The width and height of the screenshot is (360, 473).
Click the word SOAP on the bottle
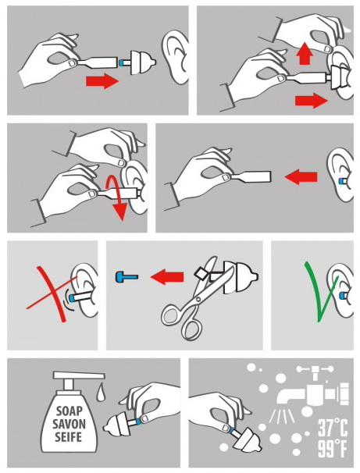coord(70,411)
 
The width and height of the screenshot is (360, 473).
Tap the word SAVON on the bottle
coord(69,424)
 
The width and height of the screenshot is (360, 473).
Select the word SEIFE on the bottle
coord(69,437)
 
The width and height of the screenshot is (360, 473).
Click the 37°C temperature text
coord(333,429)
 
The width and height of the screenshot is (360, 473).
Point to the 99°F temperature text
coord(333,449)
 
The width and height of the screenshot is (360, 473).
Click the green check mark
coord(320,291)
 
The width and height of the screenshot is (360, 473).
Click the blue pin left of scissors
coord(127,276)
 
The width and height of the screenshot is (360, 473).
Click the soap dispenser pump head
coord(79,376)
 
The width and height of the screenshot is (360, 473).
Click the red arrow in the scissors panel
coord(167,277)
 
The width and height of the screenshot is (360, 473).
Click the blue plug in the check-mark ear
coord(343,295)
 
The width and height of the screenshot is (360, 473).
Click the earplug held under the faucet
coord(246,441)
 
